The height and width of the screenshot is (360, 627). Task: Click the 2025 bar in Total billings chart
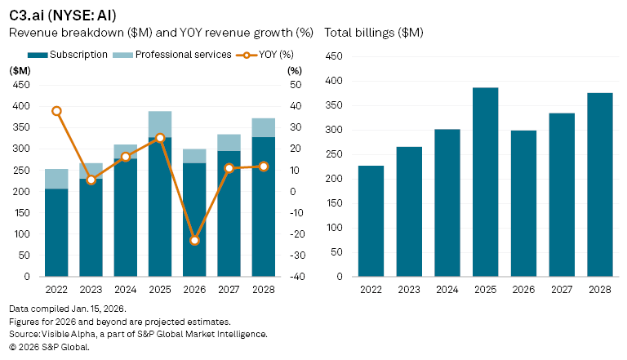click(486, 182)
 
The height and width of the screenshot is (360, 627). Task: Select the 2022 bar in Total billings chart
click(371, 221)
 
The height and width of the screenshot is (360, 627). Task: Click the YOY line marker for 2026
click(194, 241)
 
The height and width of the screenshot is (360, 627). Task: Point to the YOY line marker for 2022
click(56, 111)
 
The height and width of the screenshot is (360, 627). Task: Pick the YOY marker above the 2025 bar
click(160, 138)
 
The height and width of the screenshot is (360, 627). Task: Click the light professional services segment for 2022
click(56, 179)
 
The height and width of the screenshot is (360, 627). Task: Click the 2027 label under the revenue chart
click(229, 290)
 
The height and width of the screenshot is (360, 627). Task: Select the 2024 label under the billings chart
click(447, 290)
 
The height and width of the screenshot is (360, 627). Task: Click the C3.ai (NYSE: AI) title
click(57, 15)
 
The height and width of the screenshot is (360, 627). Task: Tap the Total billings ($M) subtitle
click(374, 33)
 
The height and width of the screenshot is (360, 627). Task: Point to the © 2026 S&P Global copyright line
click(49, 346)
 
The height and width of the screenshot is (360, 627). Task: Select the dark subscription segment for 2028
click(263, 207)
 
